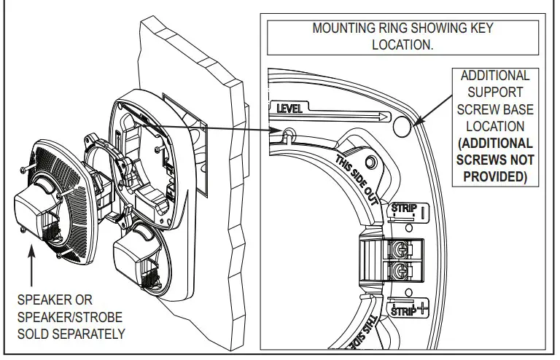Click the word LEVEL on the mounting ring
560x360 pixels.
(289, 109)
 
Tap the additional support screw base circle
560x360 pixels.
(401, 128)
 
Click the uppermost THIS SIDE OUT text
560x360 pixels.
(357, 178)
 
